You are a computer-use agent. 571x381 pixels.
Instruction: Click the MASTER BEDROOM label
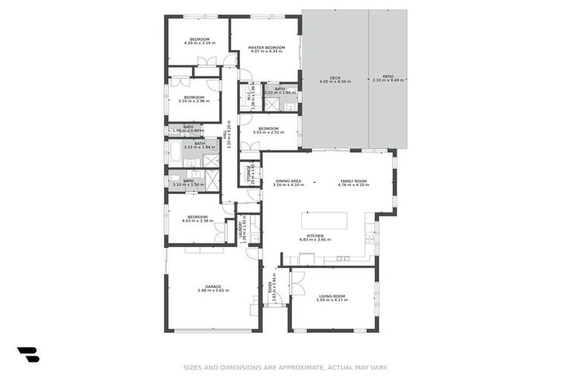[x=267, y=47]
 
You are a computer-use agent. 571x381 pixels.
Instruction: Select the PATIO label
[x=387, y=77]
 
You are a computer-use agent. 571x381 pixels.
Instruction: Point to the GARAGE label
[x=213, y=286]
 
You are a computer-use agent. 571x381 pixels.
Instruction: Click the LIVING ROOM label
[x=332, y=296]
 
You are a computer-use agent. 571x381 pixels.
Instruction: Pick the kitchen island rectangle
[x=324, y=221]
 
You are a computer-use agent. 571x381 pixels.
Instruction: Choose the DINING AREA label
[x=288, y=181]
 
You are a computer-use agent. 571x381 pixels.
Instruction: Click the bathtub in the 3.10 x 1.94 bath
[x=175, y=152]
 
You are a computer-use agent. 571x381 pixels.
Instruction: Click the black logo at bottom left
[x=28, y=355]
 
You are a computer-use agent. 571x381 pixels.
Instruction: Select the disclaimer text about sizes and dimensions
[x=285, y=367]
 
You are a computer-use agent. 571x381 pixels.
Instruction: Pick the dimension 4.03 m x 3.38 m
[x=198, y=220]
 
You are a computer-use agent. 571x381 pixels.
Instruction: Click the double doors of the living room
[x=297, y=283]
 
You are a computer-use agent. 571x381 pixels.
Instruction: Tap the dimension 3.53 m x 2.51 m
[x=268, y=132]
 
